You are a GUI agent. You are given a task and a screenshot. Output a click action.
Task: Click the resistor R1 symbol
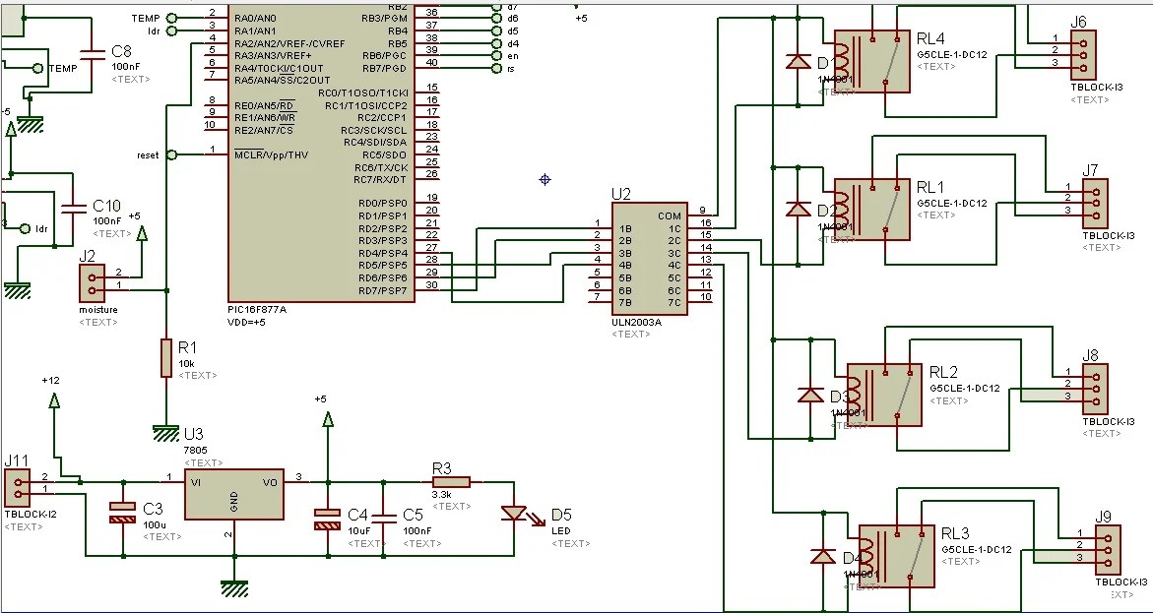coord(165,358)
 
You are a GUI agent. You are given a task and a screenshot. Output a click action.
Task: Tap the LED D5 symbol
coord(514,513)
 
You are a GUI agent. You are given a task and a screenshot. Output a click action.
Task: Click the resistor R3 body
coord(452,481)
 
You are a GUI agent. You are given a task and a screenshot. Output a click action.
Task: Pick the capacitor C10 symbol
coord(73,209)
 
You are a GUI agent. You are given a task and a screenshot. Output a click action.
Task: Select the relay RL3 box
coord(896,556)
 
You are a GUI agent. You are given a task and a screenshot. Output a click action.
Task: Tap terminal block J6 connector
coord(1083,50)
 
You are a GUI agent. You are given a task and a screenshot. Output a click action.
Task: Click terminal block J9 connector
coord(1108,549)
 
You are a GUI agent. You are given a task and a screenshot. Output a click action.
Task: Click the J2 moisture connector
coord(92,284)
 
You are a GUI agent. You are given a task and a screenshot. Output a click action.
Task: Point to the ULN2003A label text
coord(635,322)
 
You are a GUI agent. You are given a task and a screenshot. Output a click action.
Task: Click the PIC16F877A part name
coord(257,308)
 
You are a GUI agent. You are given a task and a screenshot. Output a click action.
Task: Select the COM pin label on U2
coord(670,215)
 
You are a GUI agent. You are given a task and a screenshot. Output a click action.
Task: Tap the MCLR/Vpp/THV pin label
coord(271,154)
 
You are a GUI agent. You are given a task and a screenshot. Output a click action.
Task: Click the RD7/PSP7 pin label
coord(383,290)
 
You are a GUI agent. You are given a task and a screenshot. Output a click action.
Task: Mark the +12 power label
coord(51,380)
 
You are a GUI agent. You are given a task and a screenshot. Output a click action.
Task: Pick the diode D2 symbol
coord(798,210)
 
